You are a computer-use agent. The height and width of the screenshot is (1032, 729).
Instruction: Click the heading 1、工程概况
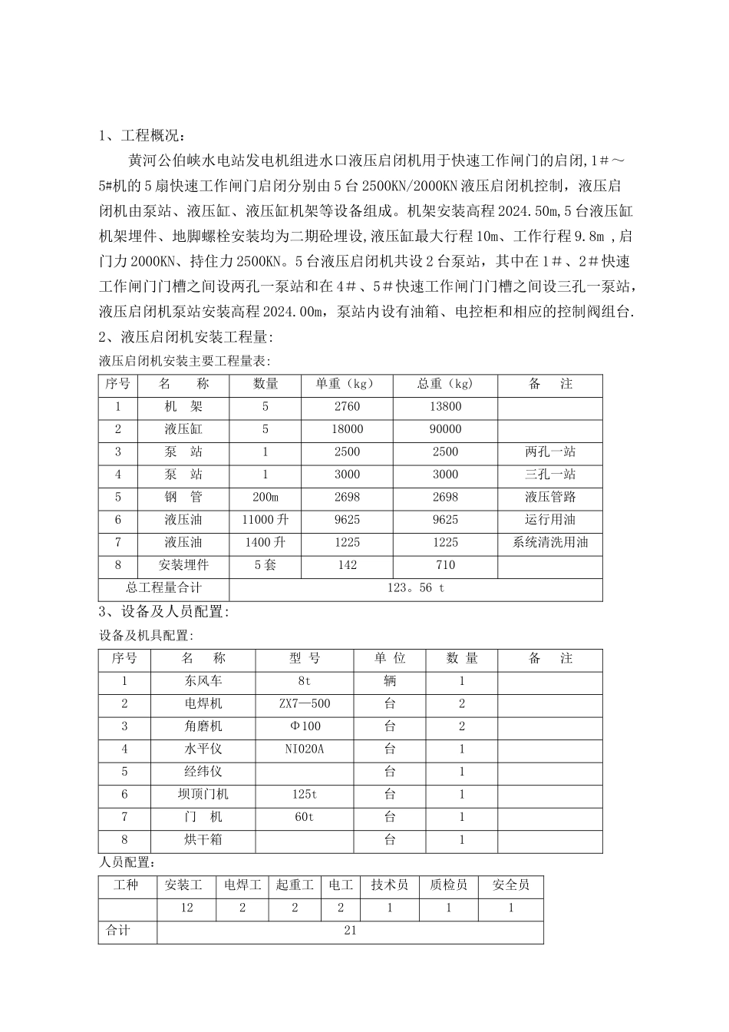click(142, 137)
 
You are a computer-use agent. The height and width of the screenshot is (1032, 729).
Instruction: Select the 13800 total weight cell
click(445, 407)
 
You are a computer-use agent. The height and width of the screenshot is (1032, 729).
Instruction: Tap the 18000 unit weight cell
click(347, 429)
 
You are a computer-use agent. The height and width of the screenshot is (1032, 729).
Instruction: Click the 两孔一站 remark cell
click(549, 452)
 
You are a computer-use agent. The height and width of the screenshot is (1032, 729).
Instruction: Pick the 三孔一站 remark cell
click(549, 475)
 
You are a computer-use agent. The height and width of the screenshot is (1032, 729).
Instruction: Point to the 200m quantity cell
click(265, 498)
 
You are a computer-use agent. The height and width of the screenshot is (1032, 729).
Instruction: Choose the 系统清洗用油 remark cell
click(549, 543)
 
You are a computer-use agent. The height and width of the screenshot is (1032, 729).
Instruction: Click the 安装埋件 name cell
click(183, 565)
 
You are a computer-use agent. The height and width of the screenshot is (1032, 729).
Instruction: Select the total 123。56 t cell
click(415, 588)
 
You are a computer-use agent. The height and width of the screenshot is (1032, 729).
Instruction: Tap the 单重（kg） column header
click(347, 384)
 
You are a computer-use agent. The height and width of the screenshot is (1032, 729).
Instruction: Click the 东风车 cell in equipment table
click(203, 681)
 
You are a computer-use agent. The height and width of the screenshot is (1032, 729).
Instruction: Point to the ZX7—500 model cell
click(305, 703)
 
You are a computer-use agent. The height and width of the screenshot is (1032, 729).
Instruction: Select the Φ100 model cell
click(305, 726)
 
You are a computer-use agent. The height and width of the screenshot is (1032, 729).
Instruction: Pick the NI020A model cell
click(305, 749)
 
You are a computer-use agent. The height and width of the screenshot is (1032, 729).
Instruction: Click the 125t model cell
click(305, 795)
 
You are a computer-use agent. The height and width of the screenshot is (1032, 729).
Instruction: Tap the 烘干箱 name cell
click(203, 840)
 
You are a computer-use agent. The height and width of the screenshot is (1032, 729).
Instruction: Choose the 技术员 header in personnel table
click(390, 885)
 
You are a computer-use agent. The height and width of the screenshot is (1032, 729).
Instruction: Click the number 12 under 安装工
click(186, 908)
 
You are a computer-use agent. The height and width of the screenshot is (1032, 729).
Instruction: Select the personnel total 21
click(350, 931)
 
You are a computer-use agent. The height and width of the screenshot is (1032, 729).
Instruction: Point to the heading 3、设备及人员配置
click(163, 612)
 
